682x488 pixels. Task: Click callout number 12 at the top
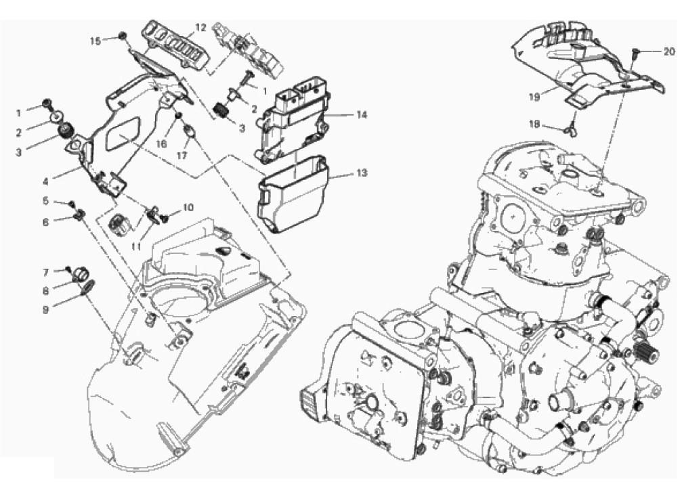200,27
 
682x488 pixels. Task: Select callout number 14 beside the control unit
362,115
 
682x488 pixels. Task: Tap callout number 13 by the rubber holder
362,173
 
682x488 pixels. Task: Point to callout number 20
670,51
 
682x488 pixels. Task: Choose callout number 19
534,97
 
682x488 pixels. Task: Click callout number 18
534,125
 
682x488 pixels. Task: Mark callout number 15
95,41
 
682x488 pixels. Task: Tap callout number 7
45,273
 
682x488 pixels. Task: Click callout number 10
188,208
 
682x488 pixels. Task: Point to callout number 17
182,155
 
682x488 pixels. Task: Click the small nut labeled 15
123,36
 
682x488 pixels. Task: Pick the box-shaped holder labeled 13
293,194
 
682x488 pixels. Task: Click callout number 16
161,144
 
